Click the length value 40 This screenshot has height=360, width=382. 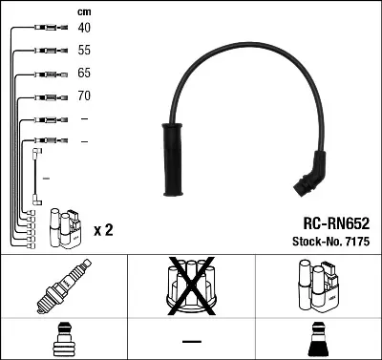(85, 28)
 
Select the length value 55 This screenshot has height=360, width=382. (85, 50)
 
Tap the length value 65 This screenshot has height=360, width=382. (85, 73)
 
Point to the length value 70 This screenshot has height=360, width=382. (85, 96)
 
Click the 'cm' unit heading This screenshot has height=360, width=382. (83, 11)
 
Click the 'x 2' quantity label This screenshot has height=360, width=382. (103, 230)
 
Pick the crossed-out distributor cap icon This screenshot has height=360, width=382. (192, 286)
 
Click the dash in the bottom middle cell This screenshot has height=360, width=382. (192, 341)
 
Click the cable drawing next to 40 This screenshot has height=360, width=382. (46, 29)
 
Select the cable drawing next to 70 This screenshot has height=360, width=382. (46, 96)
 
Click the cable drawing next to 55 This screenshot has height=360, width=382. (46, 51)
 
